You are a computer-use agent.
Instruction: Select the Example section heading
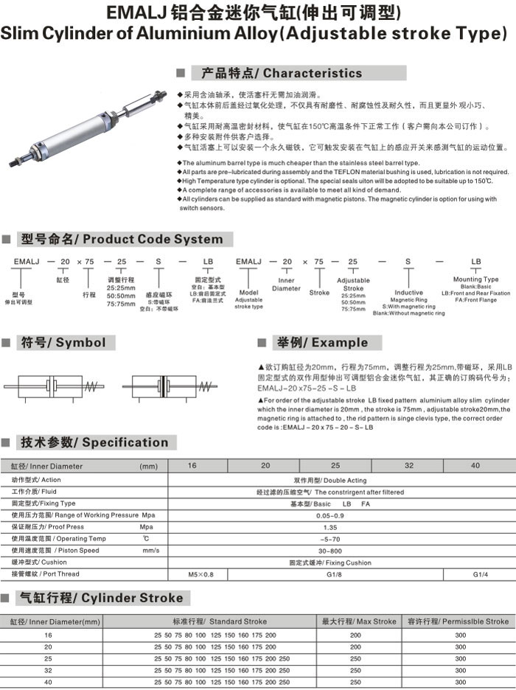321,343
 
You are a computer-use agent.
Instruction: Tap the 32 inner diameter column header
408,466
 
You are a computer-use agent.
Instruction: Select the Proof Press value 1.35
331,527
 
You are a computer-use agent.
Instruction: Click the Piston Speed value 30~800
331,551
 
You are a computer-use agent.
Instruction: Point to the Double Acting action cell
331,480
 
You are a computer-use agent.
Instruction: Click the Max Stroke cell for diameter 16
355,635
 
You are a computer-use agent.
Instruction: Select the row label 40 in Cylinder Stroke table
49,682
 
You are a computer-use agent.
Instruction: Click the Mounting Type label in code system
475,279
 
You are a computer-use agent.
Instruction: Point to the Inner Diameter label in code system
286,284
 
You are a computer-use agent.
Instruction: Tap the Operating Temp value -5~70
331,539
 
